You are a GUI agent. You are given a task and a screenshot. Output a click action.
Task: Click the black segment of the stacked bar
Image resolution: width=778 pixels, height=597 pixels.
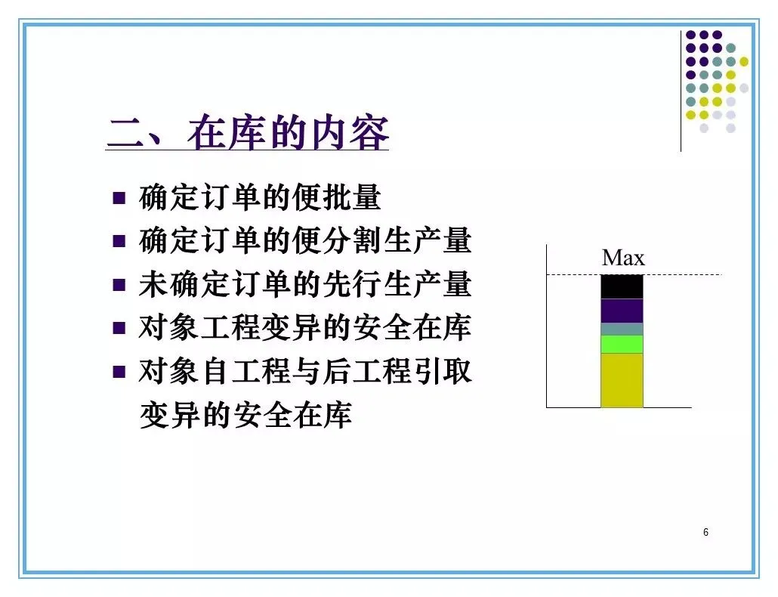(622, 286)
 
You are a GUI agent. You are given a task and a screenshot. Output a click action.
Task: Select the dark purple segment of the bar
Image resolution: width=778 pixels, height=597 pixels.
(622, 311)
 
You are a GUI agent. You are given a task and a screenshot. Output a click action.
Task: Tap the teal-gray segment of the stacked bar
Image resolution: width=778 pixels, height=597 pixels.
(622, 329)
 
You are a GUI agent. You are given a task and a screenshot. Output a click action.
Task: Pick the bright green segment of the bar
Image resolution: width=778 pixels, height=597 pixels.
(622, 345)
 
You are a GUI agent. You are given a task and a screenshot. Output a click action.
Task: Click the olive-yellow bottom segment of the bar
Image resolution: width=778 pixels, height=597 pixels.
(622, 380)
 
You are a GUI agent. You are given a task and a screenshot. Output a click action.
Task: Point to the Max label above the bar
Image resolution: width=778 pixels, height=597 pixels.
(623, 258)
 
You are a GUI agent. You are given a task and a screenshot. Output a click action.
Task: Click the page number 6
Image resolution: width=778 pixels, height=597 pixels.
(705, 532)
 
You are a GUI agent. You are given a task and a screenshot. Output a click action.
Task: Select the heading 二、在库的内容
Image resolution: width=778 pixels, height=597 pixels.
(248, 132)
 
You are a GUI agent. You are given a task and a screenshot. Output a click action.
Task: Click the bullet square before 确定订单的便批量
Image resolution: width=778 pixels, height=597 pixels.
(119, 198)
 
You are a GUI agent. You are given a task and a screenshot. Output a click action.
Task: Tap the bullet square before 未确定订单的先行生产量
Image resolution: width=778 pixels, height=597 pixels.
(119, 285)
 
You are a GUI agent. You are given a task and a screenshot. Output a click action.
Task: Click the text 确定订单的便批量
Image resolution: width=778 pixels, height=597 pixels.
(260, 197)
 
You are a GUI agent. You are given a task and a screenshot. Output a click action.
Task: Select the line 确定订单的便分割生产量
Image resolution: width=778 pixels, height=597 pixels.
(305, 240)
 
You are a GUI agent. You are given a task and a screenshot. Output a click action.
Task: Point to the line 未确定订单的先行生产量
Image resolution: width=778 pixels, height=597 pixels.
(305, 284)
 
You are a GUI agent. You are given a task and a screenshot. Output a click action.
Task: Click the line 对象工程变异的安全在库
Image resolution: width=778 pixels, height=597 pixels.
(305, 327)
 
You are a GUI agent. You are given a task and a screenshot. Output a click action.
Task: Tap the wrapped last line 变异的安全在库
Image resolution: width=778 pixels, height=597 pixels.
(246, 415)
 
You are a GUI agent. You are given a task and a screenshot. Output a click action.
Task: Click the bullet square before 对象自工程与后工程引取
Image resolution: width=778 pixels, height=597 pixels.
(119, 372)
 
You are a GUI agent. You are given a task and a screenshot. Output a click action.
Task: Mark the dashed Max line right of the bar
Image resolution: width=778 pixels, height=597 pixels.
(682, 274)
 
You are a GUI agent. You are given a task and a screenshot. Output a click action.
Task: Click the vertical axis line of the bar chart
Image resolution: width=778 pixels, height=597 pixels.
(547, 326)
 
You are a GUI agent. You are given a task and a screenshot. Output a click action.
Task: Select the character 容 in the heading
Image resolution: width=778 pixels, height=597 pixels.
(369, 132)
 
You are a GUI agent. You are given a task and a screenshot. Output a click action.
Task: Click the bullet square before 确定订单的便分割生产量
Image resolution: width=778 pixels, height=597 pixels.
(119, 241)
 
